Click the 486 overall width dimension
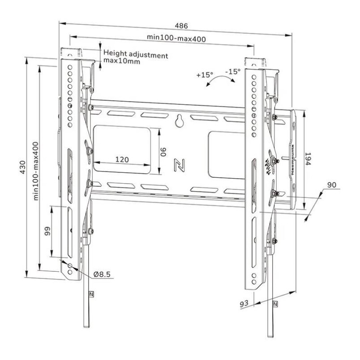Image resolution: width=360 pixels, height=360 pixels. [x=182, y=26]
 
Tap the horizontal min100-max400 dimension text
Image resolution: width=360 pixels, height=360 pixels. [x=177, y=39]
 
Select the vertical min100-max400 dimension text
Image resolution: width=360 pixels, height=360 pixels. [x=35, y=171]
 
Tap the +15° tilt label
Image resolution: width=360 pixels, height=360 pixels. [x=204, y=75]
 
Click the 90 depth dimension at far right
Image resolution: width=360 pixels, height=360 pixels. [x=332, y=185]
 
